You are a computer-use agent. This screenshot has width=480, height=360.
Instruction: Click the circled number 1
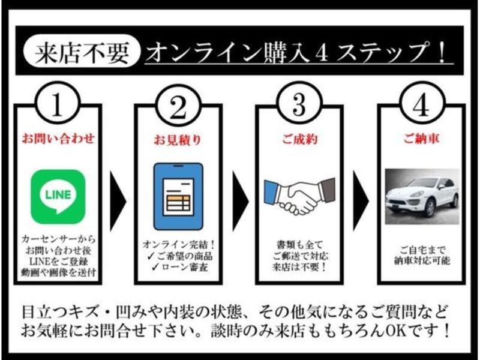pyautogui.click(x=58, y=103)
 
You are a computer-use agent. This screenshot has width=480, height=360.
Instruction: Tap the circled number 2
pyautogui.click(x=179, y=104)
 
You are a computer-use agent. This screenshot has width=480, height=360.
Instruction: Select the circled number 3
pyautogui.click(x=299, y=103)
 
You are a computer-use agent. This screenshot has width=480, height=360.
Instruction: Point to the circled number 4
pyautogui.click(x=422, y=103)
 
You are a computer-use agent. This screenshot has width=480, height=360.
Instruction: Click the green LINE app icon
pyautogui.click(x=58, y=197)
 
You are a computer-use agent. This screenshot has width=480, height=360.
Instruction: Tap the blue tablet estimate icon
pyautogui.click(x=178, y=197)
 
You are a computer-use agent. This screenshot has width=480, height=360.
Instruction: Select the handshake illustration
pyautogui.click(x=299, y=197)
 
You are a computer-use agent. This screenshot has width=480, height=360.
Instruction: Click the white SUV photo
pyautogui.click(x=422, y=197)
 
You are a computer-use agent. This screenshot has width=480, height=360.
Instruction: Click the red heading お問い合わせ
pyautogui.click(x=58, y=139)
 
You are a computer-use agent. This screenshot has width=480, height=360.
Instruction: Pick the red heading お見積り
pyautogui.click(x=177, y=140)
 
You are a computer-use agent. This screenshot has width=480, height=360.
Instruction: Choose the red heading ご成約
pyautogui.click(x=299, y=139)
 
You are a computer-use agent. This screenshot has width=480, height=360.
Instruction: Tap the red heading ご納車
pyautogui.click(x=422, y=139)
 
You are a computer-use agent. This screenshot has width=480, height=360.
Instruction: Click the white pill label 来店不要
pyautogui.click(x=82, y=51)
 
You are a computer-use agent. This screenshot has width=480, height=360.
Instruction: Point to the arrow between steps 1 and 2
pyautogui.click(x=118, y=201)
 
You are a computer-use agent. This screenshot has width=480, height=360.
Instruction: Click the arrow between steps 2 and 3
pyautogui.click(x=241, y=201)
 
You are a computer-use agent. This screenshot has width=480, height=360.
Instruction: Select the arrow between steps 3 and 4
pyautogui.click(x=361, y=201)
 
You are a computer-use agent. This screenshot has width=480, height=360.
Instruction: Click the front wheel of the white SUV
pyautogui.click(x=430, y=208)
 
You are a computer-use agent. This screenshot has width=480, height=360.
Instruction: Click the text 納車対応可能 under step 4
pyautogui.click(x=422, y=260)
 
